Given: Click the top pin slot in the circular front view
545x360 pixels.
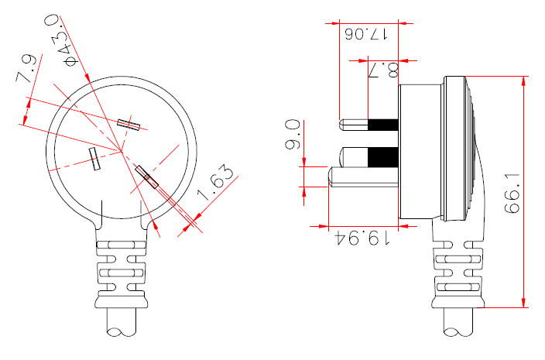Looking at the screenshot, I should [x=129, y=123].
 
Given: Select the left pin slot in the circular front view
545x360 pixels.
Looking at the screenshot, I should [x=95, y=159].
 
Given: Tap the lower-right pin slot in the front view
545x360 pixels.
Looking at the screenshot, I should [x=146, y=177].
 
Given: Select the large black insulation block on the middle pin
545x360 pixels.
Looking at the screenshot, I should [x=383, y=157].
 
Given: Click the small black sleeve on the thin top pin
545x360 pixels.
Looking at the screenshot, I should [x=383, y=125].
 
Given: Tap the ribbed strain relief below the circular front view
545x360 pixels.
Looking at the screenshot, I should [x=121, y=270].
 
